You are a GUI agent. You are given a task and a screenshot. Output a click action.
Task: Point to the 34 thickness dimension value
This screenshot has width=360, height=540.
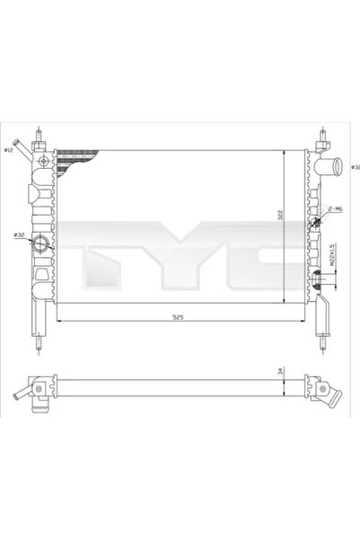click(x=280, y=371)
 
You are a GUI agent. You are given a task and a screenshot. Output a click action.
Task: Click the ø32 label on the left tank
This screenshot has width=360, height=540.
click(x=19, y=236)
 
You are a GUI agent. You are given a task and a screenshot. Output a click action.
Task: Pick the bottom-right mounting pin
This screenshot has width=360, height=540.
click(x=320, y=340)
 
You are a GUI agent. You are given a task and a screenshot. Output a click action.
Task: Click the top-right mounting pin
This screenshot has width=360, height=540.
click(x=320, y=138)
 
